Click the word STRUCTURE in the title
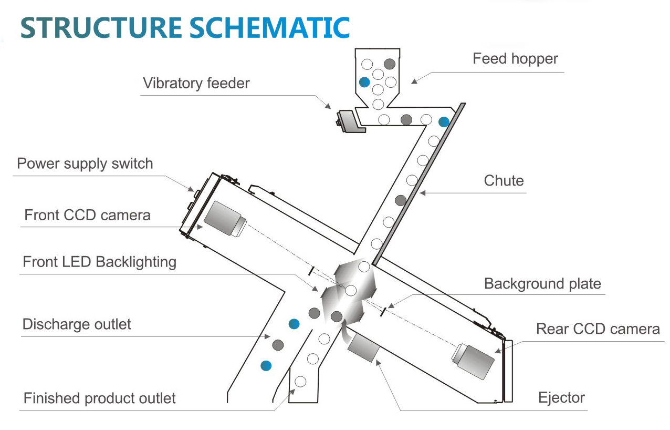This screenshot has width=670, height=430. (101, 28)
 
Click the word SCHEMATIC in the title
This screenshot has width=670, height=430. (269, 28)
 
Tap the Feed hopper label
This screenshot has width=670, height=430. (515, 58)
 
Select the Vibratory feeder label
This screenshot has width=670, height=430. (196, 83)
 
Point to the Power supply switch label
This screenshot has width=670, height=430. (85, 163)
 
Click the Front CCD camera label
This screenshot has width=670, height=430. (87, 215)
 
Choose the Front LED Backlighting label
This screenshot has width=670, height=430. (99, 262)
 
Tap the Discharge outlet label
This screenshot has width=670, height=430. (77, 324)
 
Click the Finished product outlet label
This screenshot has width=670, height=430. (99, 398)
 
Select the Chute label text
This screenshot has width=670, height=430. (504, 181)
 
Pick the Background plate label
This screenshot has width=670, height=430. (542, 284)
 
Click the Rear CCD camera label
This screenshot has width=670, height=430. (598, 329)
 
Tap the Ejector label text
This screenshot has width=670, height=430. (561, 397)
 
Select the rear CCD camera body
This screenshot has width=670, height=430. (473, 361)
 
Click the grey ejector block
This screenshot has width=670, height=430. (364, 347)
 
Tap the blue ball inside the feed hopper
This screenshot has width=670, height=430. (364, 82)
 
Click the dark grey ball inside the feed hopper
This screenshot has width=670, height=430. (389, 64)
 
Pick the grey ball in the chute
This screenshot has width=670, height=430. (401, 200)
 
